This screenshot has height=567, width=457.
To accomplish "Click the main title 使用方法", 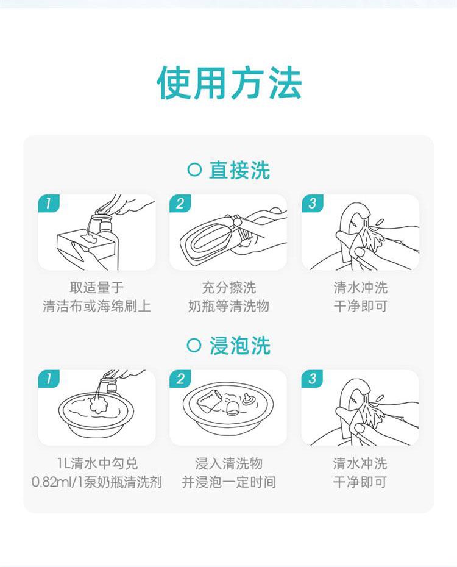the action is [x=229, y=84].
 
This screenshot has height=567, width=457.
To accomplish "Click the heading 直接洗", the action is [x=239, y=170].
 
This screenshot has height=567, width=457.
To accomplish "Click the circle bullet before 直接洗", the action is [x=194, y=169].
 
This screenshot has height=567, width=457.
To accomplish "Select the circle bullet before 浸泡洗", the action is [x=194, y=345].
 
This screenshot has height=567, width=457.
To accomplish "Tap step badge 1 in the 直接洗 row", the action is [x=48, y=203].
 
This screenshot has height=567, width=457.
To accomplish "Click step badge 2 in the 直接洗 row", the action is [x=180, y=203].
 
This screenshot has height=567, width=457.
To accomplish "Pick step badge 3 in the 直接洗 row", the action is [x=312, y=203].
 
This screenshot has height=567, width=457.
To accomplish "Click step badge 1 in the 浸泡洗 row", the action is [x=48, y=379].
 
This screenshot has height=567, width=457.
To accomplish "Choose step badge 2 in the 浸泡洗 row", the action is [x=180, y=379].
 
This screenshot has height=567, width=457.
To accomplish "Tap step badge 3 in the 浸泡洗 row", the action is [x=312, y=379].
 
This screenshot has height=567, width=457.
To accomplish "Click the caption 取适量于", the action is [x=97, y=288].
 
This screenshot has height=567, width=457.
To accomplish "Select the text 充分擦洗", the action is [x=228, y=288].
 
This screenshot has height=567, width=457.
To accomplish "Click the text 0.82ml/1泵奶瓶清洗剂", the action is [x=97, y=482].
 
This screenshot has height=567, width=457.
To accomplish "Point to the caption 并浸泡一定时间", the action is [x=228, y=482].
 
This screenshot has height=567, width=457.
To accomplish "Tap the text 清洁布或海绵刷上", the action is [x=97, y=306].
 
